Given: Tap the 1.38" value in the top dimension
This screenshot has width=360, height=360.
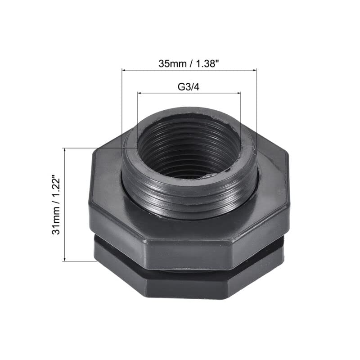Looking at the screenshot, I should click(207, 63).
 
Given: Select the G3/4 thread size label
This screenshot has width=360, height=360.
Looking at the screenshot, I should click(188, 87).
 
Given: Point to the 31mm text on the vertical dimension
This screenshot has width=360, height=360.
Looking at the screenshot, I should click(56, 223).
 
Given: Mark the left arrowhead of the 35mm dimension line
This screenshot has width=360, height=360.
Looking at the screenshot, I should click(124, 70).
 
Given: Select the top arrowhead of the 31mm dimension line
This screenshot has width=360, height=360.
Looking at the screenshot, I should click(66, 150).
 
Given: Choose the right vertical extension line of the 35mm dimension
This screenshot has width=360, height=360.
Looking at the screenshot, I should click(256, 108).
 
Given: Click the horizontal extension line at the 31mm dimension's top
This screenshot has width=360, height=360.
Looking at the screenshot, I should click(90, 148).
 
